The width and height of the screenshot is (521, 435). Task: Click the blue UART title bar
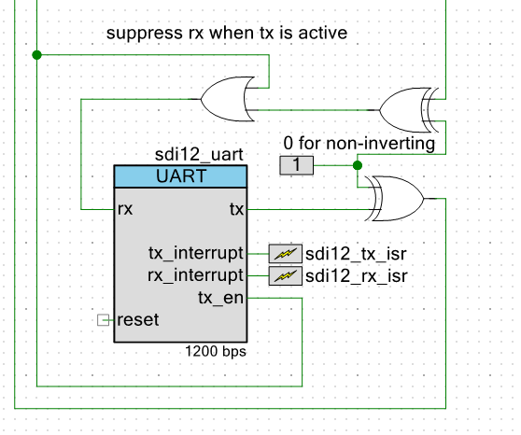(x=180, y=176)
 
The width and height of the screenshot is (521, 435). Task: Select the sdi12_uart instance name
(x=200, y=155)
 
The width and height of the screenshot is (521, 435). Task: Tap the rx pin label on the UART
(x=125, y=209)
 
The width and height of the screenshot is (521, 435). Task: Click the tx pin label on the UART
(x=236, y=209)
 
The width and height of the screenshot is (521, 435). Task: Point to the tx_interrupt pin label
(x=196, y=252)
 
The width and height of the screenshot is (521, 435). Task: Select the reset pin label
(x=137, y=319)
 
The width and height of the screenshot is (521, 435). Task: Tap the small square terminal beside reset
(x=104, y=320)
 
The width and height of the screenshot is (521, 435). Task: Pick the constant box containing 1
(x=297, y=165)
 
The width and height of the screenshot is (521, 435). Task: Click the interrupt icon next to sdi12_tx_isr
(x=285, y=253)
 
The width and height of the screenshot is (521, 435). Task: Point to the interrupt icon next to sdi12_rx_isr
(x=285, y=275)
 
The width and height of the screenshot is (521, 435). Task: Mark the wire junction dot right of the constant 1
(x=357, y=165)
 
